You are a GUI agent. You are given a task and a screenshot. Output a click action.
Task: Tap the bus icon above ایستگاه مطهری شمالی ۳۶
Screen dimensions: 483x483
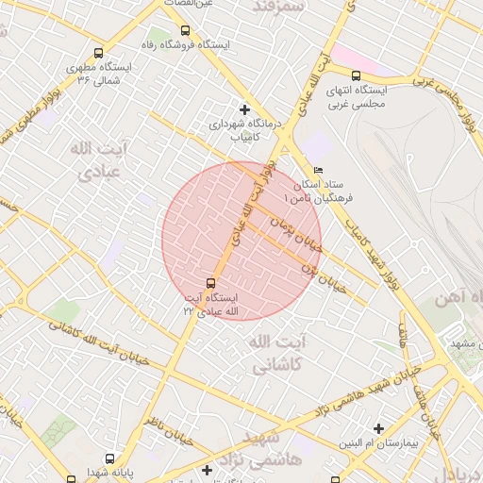coord(99,54)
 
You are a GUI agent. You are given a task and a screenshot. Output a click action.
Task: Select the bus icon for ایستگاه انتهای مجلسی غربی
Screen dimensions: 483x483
coord(356,76)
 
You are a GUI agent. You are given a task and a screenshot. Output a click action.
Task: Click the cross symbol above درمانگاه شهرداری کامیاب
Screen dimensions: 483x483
coord(244,108)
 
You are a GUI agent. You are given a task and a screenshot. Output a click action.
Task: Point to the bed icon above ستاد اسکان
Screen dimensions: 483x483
coord(317,170)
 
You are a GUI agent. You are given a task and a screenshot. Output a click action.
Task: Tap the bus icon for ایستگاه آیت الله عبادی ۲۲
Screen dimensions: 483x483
coord(209,282)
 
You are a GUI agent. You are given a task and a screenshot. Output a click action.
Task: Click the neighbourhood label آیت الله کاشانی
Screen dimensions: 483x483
coord(276,350)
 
